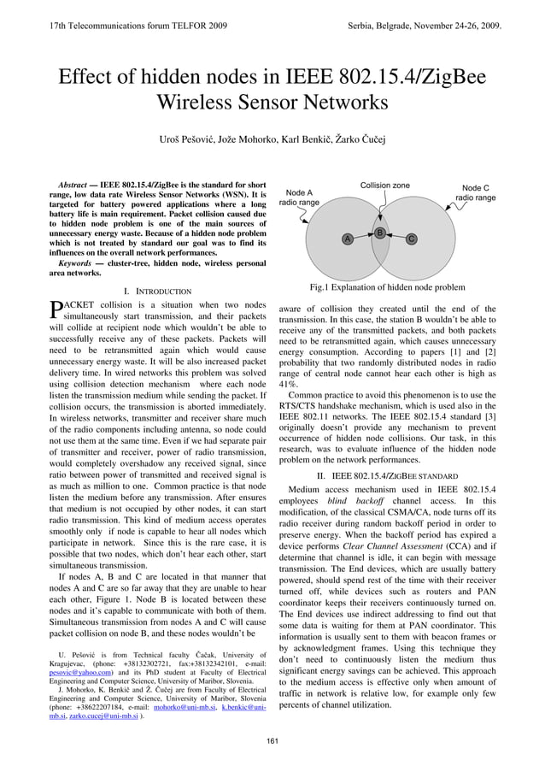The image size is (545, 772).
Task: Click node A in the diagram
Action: click(x=347, y=239)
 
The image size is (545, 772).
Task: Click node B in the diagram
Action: click(x=378, y=233)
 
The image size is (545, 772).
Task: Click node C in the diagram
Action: click(x=411, y=239)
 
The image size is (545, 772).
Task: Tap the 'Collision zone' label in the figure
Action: click(x=384, y=186)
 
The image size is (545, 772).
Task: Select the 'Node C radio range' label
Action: click(x=475, y=193)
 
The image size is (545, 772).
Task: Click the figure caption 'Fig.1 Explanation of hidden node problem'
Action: click(x=387, y=288)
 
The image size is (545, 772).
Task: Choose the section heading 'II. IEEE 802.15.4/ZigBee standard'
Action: click(x=387, y=474)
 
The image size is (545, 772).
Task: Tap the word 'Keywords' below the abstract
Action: click(x=76, y=263)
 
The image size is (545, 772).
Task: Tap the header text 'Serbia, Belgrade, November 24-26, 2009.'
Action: click(x=425, y=28)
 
